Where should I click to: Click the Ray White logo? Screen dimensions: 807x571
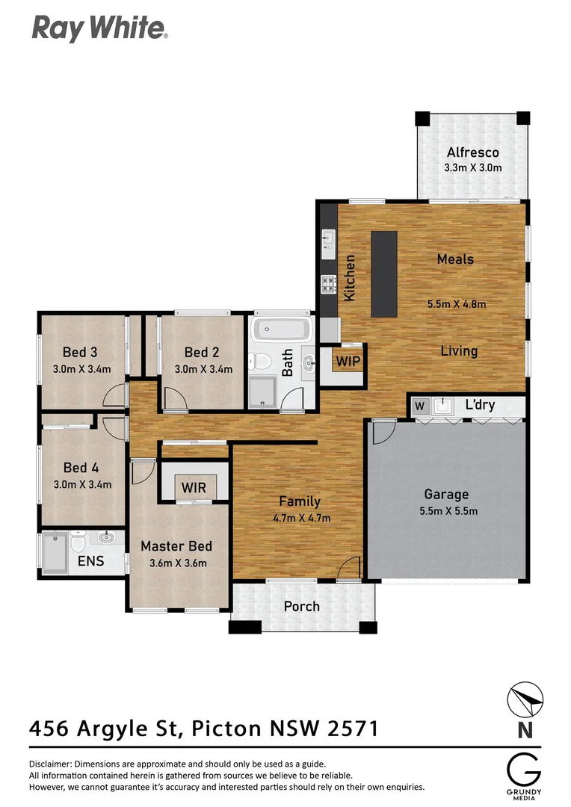coord(99,28)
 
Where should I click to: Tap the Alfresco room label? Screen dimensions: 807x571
coord(472,153)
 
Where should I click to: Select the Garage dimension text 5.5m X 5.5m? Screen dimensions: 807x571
coord(446,511)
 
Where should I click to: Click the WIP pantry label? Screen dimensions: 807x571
coord(348,361)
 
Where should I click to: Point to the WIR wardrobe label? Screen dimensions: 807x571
coord(194,488)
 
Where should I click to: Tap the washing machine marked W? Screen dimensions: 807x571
coord(419,406)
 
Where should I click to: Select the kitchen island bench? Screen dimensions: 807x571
coord(384,273)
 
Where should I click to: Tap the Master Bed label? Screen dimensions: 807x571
coord(176,546)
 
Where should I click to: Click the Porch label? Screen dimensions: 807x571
coord(302,606)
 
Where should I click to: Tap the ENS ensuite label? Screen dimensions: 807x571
coord(91,561)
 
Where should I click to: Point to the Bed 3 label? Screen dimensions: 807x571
coord(80,352)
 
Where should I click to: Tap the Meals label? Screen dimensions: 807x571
coord(455,259)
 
